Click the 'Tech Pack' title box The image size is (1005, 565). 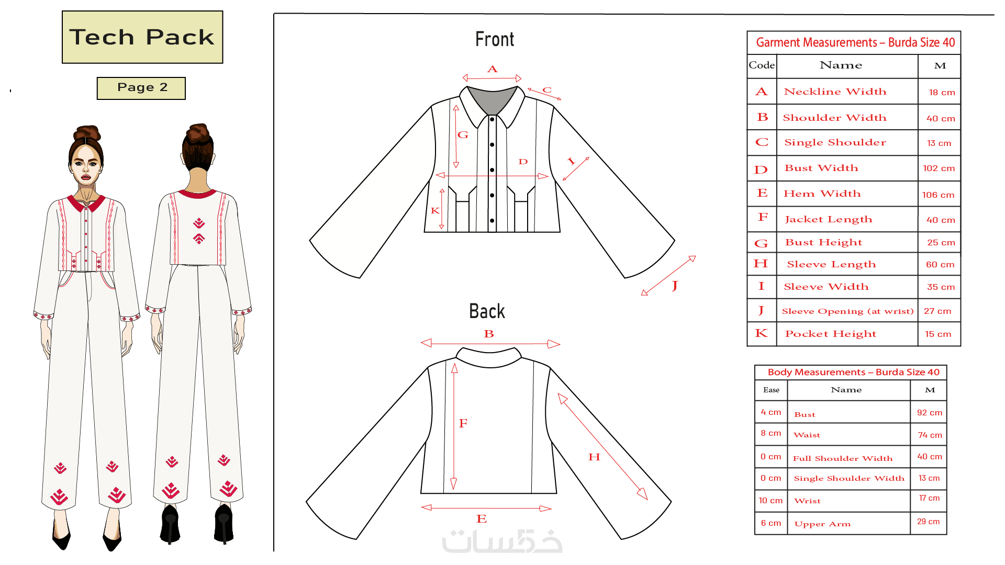142,37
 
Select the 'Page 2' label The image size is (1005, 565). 141,88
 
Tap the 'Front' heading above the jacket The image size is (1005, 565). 495,39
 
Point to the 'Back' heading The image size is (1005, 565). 487,311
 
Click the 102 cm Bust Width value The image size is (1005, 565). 939,168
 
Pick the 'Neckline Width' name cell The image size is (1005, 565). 835,92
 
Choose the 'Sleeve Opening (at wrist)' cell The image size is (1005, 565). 847,311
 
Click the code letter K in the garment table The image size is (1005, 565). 762,333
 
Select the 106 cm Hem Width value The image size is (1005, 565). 939,195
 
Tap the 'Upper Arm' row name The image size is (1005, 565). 822,524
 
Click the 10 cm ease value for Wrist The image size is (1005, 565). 771,501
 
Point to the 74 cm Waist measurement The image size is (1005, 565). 930,435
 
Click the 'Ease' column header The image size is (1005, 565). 771,390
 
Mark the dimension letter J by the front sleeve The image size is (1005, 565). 675,286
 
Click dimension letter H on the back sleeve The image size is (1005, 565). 594,457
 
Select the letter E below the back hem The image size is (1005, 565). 482,518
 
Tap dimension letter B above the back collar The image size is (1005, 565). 489,334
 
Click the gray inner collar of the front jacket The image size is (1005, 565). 492,99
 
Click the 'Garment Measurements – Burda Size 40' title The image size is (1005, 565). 855,42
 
